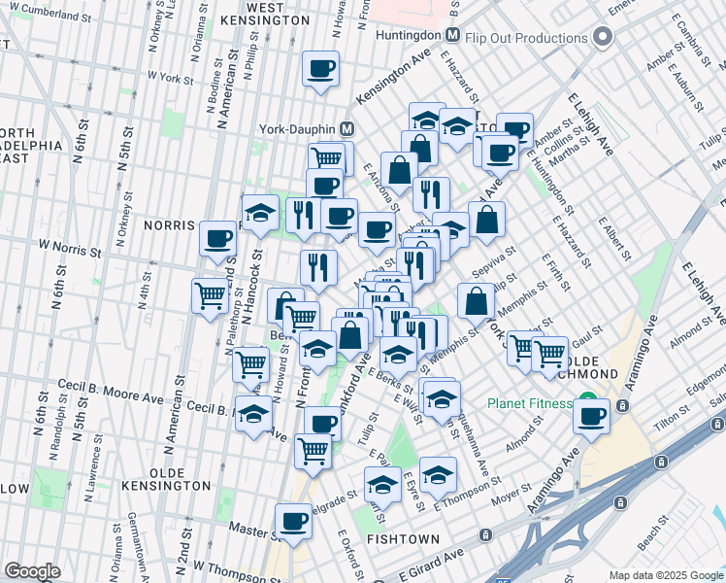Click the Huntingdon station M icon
(x=452, y=35)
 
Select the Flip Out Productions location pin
(x=603, y=38)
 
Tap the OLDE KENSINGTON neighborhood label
(x=166, y=485)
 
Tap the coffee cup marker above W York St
(x=321, y=69)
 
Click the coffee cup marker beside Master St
(x=293, y=522)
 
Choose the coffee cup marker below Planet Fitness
(x=590, y=416)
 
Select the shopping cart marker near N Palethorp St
(x=212, y=295)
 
